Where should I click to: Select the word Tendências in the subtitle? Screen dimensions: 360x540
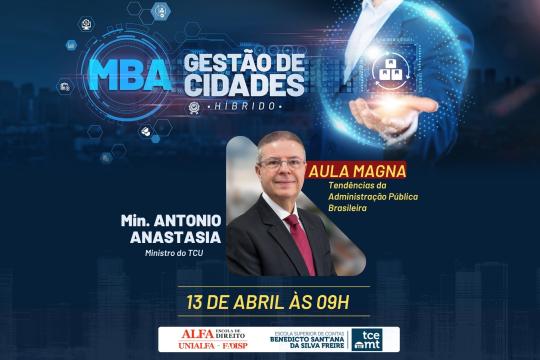coord(353,186)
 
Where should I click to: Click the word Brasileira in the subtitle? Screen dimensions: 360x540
coord(351,209)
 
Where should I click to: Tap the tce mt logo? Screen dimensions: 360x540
coord(371,339)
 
